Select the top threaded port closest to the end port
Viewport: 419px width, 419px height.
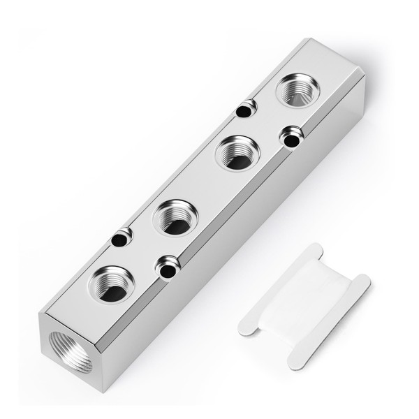112,284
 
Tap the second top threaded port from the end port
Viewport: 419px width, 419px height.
175,217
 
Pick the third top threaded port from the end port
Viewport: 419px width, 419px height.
237,153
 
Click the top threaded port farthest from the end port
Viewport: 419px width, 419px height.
297,90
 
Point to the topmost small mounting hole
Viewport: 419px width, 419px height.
244,110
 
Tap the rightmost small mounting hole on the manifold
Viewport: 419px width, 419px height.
290,138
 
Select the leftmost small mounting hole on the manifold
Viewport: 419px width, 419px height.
120,239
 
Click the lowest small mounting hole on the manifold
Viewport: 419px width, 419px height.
166,267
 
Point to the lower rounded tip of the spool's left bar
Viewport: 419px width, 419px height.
245,328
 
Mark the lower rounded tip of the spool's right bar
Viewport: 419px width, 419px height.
295,362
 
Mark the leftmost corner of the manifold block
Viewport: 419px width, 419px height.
39,313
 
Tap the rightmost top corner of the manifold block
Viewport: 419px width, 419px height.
365,76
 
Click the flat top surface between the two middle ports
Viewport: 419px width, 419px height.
206,185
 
